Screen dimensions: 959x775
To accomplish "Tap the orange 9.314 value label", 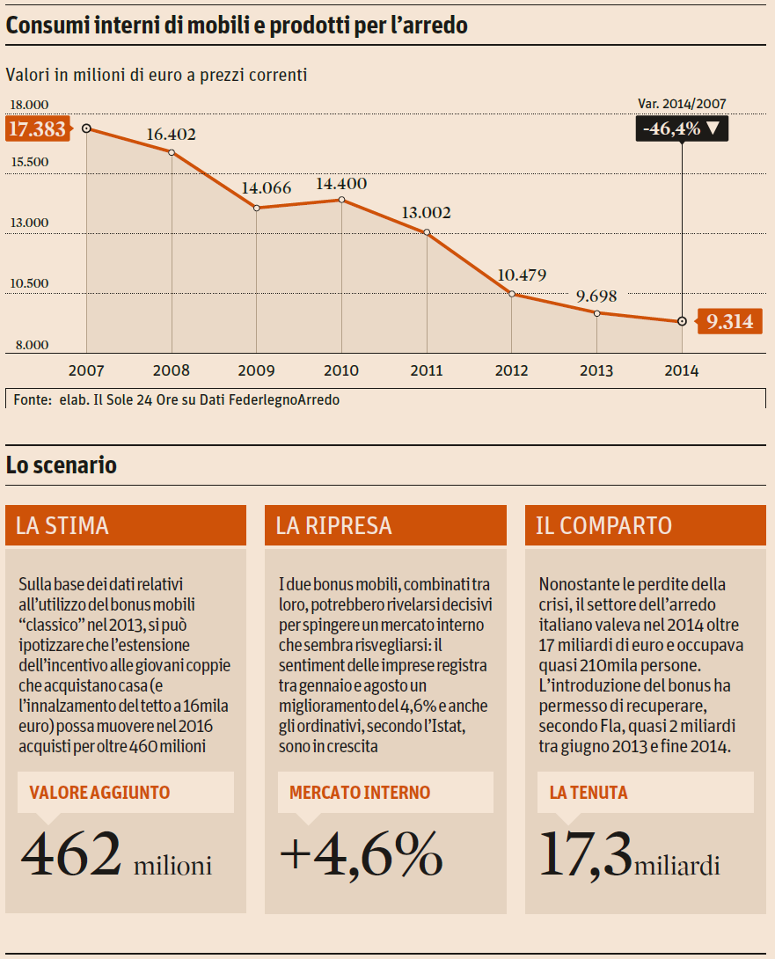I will click(729, 322).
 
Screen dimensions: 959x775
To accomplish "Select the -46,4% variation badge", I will click(681, 128).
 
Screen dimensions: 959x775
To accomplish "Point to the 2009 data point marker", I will click(257, 208).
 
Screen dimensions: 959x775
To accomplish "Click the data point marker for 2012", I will click(512, 294).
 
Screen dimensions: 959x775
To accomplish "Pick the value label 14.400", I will click(341, 184).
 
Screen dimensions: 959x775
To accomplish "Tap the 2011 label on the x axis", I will click(427, 370).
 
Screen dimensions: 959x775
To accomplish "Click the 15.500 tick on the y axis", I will click(30, 163).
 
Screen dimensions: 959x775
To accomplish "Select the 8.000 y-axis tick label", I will click(30, 345).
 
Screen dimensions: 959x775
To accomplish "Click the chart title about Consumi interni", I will click(237, 26).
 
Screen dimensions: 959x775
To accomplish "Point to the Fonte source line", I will click(177, 399).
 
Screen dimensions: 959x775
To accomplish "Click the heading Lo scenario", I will click(62, 465).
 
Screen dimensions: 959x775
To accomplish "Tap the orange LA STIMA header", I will click(126, 526).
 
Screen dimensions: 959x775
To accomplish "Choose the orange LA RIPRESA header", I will click(385, 526).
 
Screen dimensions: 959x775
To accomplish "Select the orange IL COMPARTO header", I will click(646, 526).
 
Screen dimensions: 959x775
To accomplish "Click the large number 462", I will click(71, 853).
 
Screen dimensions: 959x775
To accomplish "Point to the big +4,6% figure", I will click(361, 853).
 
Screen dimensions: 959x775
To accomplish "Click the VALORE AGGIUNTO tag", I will click(99, 793).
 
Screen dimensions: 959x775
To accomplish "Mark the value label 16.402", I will click(171, 135).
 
